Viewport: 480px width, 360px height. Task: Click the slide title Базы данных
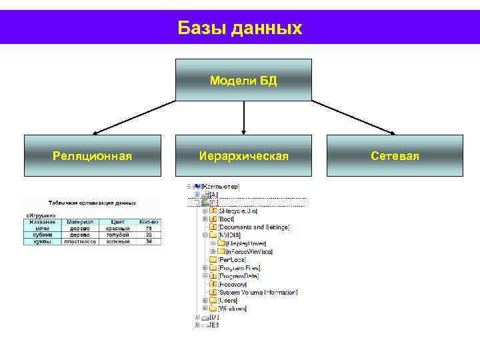(x=240, y=28)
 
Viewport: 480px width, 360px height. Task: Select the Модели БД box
(x=243, y=80)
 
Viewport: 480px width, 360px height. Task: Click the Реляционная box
(x=93, y=156)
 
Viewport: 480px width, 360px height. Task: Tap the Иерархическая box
(x=243, y=156)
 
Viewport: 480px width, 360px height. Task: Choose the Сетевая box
(x=395, y=156)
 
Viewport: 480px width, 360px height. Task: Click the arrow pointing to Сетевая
(x=353, y=117)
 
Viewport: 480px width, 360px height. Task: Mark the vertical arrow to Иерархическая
(x=244, y=117)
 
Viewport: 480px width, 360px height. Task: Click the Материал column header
(x=79, y=222)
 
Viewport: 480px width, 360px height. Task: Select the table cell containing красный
(x=117, y=229)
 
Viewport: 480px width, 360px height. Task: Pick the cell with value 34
(x=149, y=241)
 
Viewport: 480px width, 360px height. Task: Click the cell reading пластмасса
(x=79, y=241)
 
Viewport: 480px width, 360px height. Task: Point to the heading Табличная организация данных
(x=92, y=203)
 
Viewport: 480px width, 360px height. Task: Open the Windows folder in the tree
(x=233, y=309)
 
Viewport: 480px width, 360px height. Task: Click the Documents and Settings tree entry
(x=254, y=227)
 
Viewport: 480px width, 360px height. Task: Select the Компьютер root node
(x=215, y=187)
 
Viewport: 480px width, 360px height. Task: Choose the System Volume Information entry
(x=258, y=292)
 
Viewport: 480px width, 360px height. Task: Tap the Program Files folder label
(x=239, y=268)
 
